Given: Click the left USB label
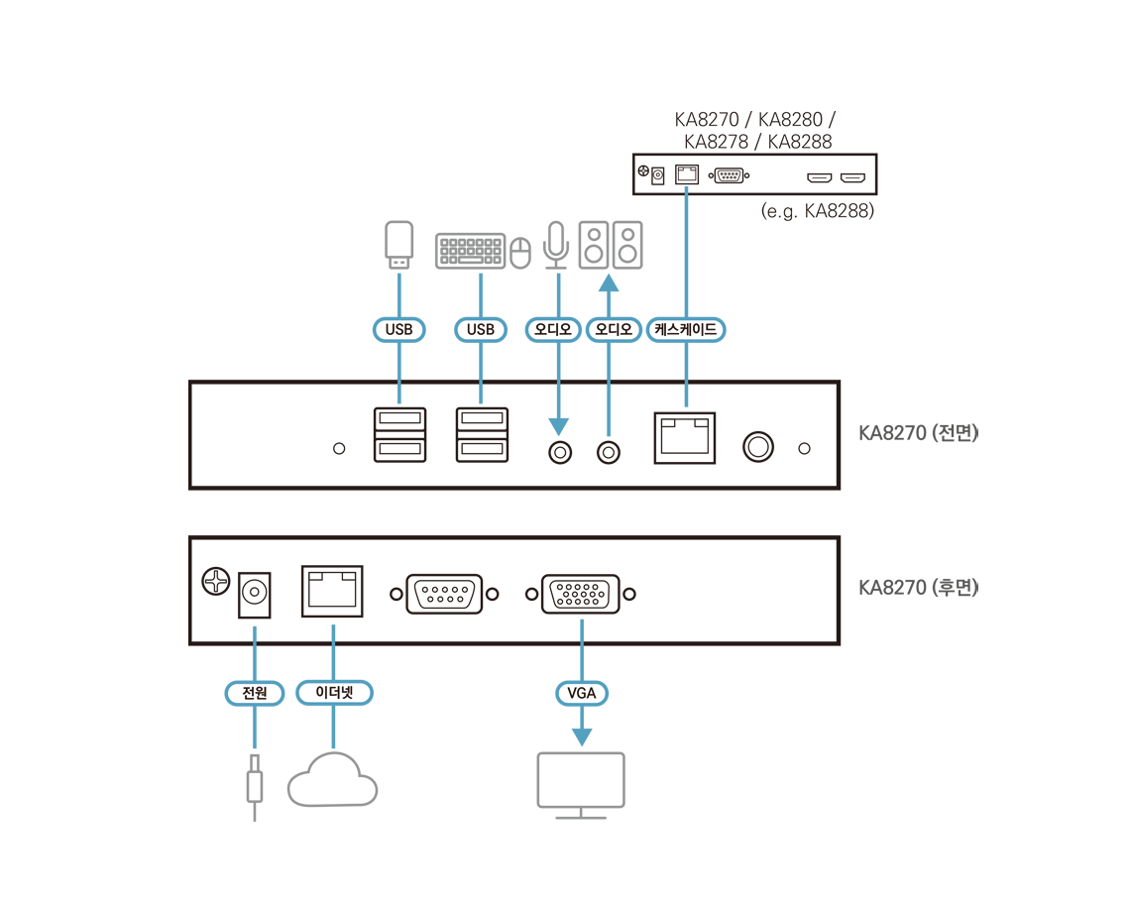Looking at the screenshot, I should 398,330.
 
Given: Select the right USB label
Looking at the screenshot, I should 481,330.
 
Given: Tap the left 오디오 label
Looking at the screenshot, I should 552,330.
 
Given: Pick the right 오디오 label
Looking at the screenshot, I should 614,330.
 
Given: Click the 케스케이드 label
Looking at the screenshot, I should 686,330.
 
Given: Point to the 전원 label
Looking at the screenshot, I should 255,693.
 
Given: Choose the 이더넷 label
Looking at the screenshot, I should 334,693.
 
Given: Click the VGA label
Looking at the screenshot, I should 581,693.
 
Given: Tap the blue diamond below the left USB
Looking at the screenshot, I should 398,396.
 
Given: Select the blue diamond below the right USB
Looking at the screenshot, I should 481,396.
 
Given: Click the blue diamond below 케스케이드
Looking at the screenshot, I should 686,396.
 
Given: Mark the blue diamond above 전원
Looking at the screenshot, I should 255,631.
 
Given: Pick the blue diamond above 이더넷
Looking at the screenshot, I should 333,631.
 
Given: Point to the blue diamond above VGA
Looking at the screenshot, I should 582,628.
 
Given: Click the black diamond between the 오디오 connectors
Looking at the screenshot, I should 583,379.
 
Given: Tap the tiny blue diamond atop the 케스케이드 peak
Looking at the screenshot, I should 686,187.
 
